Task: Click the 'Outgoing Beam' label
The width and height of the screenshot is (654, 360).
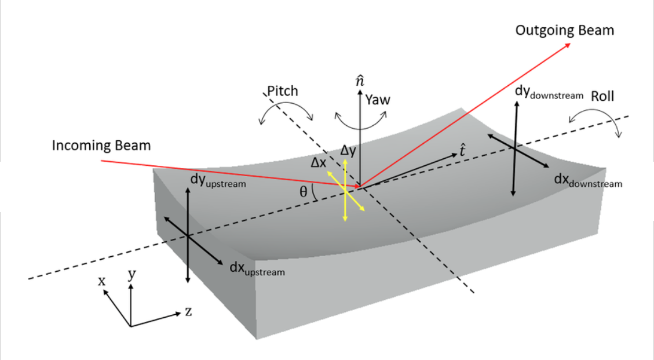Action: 564,30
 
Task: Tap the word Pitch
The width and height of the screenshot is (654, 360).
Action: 282,91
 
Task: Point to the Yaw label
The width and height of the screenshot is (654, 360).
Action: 378,100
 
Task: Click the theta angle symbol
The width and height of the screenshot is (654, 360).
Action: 303,192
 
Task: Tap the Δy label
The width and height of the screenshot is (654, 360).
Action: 348,151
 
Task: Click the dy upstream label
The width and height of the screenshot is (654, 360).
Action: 218,180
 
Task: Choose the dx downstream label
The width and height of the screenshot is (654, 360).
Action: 587,181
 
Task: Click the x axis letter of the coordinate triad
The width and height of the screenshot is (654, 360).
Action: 102,281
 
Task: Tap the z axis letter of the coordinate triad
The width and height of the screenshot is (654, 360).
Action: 188,311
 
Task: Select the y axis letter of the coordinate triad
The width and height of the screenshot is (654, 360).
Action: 131,275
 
